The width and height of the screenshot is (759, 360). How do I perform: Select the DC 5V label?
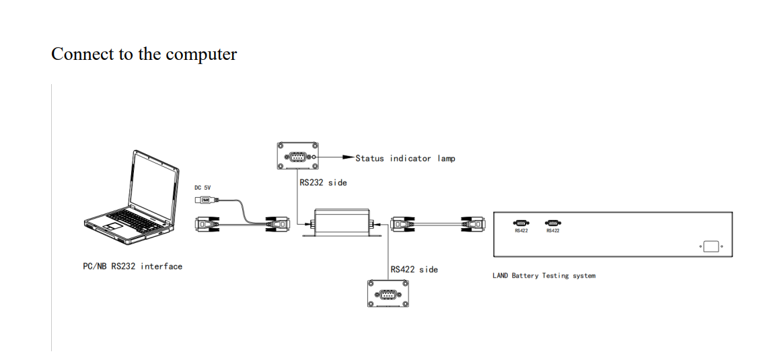point(203,188)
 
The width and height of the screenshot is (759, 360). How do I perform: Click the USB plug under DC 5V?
point(205,201)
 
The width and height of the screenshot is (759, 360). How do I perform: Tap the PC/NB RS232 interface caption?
point(132,266)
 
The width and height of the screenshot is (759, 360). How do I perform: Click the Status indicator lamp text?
point(405,158)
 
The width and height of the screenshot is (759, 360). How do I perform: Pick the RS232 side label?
point(323,182)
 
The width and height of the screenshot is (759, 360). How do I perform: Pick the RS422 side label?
point(414,269)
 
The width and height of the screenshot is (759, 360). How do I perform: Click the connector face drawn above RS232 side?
point(297,158)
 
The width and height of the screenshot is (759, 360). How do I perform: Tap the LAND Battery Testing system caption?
point(544,275)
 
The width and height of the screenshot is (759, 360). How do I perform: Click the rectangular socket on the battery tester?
point(711,247)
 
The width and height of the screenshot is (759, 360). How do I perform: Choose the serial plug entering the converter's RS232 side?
point(279,224)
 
